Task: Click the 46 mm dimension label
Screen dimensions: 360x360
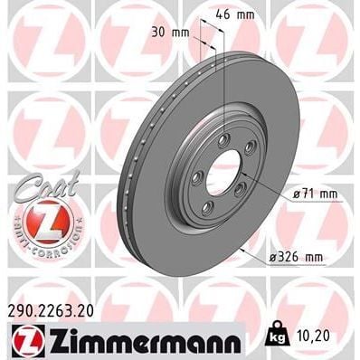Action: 239,14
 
